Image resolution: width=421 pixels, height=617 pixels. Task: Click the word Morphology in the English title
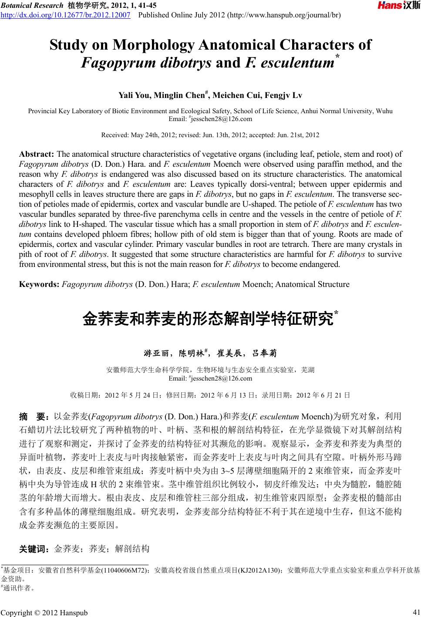(x=144, y=45)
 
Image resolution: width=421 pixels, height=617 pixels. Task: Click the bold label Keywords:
(x=40, y=285)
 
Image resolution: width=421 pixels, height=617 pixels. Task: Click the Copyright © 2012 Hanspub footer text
(x=44, y=613)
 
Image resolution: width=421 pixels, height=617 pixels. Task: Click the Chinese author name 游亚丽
(x=158, y=352)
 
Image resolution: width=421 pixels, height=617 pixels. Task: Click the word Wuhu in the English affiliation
(x=384, y=111)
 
